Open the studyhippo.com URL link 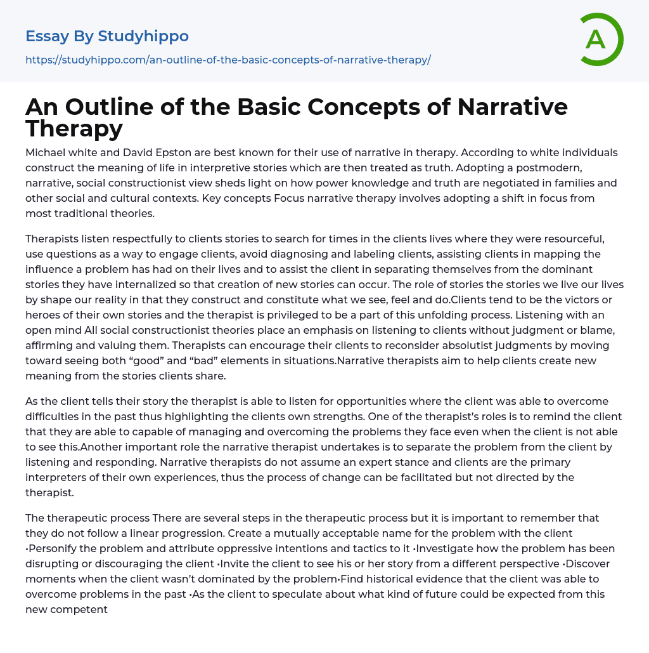(228, 60)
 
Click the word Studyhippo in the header (143, 36)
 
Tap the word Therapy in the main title (74, 128)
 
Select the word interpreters (60, 477)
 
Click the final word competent (80, 609)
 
